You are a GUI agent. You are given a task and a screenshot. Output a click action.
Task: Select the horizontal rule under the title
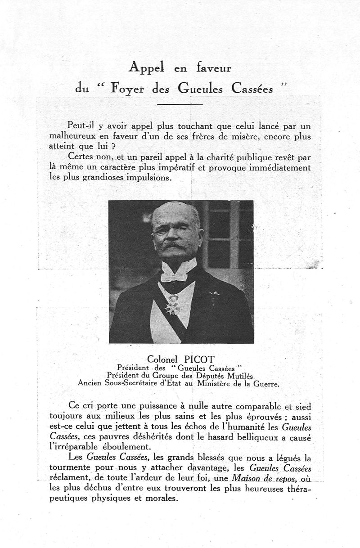coord(180,104)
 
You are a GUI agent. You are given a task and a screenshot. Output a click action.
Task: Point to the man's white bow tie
coord(179,271)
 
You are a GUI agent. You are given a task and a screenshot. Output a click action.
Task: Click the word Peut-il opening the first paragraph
coord(82,126)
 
